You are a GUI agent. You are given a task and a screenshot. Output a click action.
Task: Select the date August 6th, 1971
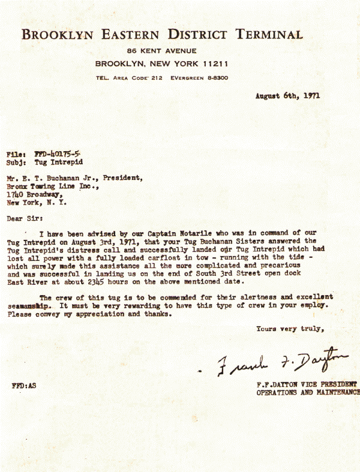click(287, 95)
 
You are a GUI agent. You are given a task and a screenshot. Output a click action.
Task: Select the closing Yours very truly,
click(290, 329)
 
